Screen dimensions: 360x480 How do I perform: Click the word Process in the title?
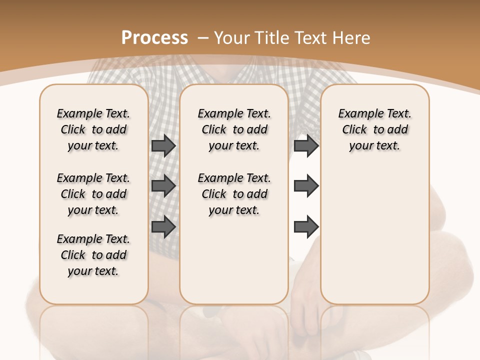[x=154, y=38]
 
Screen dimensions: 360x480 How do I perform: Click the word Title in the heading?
[x=271, y=38]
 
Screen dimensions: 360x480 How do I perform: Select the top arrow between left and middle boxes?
[x=163, y=145]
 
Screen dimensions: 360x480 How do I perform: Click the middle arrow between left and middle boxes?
[x=163, y=186]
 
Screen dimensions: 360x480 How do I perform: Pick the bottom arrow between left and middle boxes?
[x=163, y=226]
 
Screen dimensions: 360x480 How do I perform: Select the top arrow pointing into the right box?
[x=306, y=145]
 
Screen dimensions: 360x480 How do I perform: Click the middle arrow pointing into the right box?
[x=306, y=186]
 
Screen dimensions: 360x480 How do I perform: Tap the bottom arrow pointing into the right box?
[x=306, y=226]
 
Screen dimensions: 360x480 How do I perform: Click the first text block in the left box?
[x=93, y=129]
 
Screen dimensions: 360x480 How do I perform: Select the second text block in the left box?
[x=93, y=194]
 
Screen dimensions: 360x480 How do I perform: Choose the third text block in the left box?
[x=93, y=255]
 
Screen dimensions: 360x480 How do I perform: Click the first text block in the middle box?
[x=234, y=129]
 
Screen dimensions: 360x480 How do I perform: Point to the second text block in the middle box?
[x=234, y=194]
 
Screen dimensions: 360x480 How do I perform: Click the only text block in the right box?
[x=374, y=129]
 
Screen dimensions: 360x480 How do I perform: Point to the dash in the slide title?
[x=203, y=38]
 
